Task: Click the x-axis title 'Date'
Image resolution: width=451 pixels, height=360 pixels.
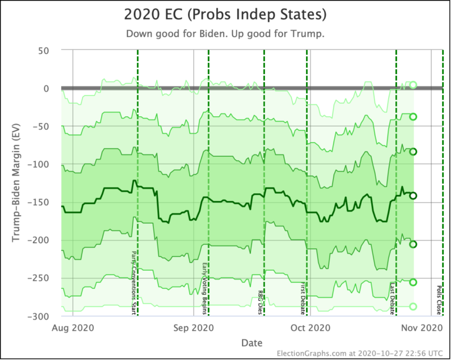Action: pos(251,342)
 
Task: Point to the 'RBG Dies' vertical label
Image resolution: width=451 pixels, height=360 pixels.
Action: pos(260,302)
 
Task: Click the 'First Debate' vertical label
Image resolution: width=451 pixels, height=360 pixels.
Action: pos(303,298)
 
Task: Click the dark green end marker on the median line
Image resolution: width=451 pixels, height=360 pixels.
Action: pos(413,196)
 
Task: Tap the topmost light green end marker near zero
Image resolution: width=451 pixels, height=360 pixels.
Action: pos(413,85)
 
